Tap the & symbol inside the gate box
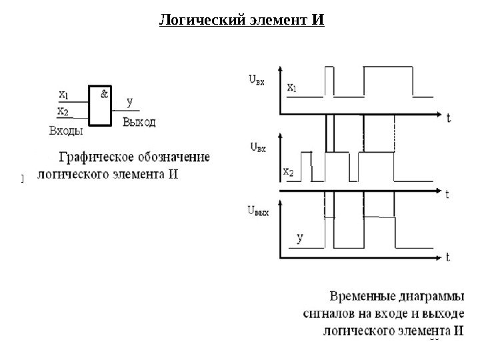[105, 94]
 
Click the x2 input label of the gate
[63, 111]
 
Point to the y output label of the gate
[129, 103]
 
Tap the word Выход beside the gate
[139, 122]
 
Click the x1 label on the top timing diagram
[292, 87]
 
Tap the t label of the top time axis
[448, 118]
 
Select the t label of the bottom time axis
[448, 256]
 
